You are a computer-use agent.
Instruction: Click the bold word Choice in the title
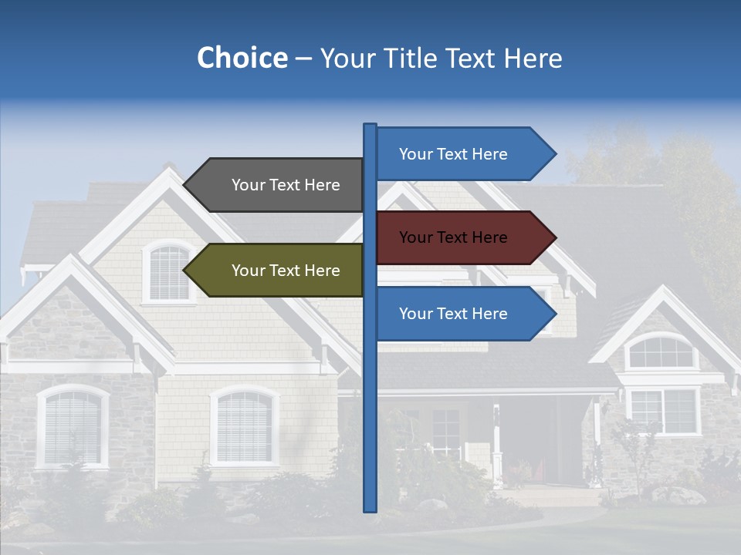click(x=242, y=59)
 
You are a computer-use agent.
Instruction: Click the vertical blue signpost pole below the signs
click(x=370, y=432)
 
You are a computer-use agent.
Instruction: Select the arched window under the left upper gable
click(x=169, y=273)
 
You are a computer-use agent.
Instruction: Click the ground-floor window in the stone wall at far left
click(x=73, y=426)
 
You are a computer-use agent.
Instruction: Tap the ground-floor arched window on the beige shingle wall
click(x=245, y=425)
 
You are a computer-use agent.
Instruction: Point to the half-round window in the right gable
click(x=660, y=351)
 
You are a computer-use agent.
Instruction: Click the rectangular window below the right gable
click(x=664, y=411)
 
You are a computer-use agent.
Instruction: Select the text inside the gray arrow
click(x=286, y=185)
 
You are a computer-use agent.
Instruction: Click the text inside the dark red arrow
click(x=453, y=237)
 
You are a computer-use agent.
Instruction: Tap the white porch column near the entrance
click(x=497, y=447)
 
